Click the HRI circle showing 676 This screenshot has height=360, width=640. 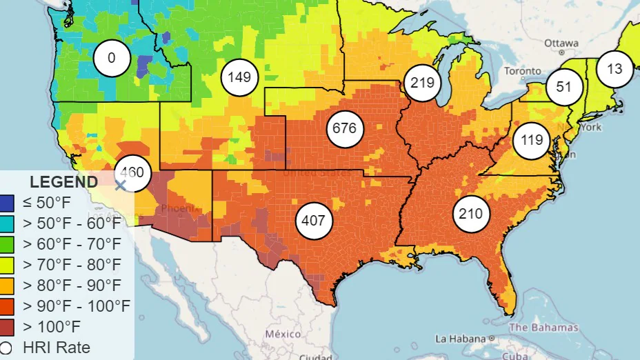click(x=344, y=128)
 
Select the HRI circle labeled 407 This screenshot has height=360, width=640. click(x=314, y=221)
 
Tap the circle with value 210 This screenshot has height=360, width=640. click(x=471, y=214)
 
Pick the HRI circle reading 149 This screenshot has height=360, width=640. click(x=239, y=77)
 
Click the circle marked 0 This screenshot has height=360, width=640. click(x=112, y=58)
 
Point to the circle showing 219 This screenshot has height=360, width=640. click(x=421, y=83)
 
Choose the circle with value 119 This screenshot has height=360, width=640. click(x=532, y=140)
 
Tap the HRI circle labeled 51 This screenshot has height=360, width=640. click(x=564, y=87)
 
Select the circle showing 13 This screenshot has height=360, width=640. click(x=614, y=68)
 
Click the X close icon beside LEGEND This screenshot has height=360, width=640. click(x=120, y=184)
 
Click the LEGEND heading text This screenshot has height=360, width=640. click(x=63, y=183)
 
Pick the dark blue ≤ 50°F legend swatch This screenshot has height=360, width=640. click(x=6, y=203)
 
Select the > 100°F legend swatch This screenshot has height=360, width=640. click(x=6, y=326)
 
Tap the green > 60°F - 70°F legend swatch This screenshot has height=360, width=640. click(x=6, y=244)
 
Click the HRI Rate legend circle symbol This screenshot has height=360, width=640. click(x=6, y=348)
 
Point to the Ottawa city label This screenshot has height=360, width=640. click(x=561, y=43)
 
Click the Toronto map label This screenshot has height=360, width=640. click(x=522, y=71)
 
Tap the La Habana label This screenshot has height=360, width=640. click(x=460, y=339)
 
